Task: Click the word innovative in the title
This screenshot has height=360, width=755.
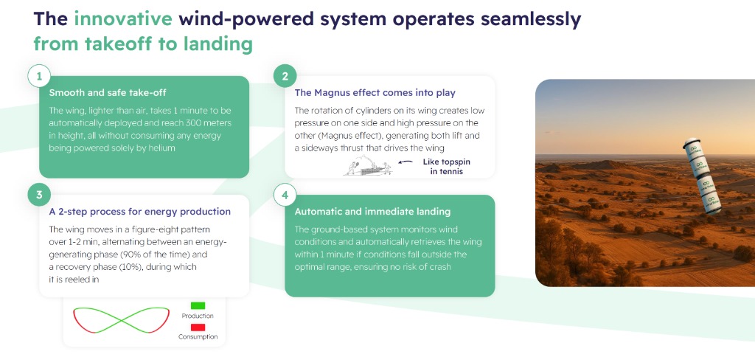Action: pyautogui.click(x=123, y=19)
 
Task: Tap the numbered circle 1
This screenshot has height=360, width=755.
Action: pyautogui.click(x=39, y=76)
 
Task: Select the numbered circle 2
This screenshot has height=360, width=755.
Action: pyautogui.click(x=285, y=76)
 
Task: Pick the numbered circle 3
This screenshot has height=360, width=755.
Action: pyautogui.click(x=39, y=195)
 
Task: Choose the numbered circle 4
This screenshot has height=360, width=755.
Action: pyautogui.click(x=285, y=195)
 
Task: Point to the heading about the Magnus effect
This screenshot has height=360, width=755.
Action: pyautogui.click(x=375, y=92)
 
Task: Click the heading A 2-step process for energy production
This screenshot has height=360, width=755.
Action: pyautogui.click(x=139, y=212)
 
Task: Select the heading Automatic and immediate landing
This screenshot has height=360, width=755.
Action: pyautogui.click(x=372, y=212)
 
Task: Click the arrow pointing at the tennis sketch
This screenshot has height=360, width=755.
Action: pyautogui.click(x=406, y=162)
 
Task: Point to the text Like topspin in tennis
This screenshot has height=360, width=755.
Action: pyautogui.click(x=445, y=166)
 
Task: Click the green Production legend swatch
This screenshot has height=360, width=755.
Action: pyautogui.click(x=198, y=305)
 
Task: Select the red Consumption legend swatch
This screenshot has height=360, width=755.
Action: pyautogui.click(x=198, y=328)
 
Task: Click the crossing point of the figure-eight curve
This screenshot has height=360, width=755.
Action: pyautogui.click(x=121, y=320)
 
